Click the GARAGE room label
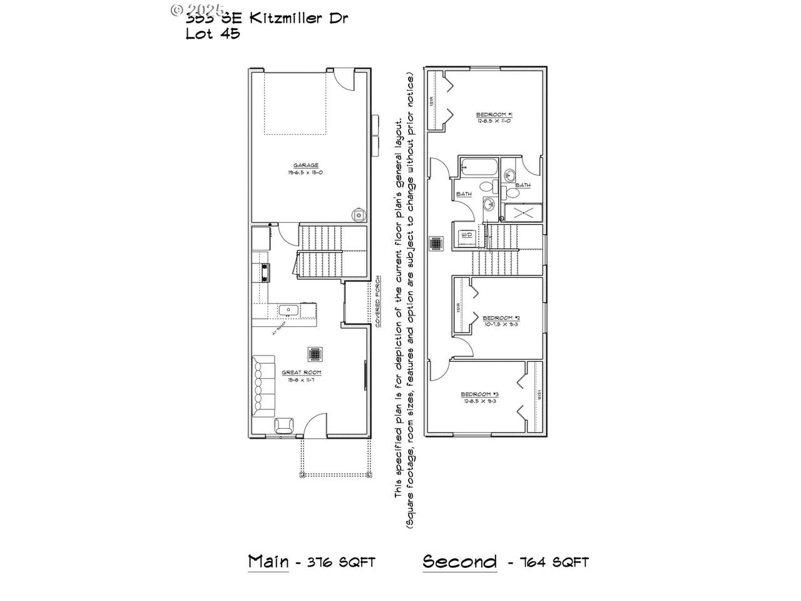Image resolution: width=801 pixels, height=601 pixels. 306,165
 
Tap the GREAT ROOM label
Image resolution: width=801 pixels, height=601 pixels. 306,372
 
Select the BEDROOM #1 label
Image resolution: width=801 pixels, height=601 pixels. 494,115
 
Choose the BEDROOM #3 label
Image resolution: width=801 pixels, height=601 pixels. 479,394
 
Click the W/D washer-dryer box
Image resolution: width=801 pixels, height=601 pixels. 467,235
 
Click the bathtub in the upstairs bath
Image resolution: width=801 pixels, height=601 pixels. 479,167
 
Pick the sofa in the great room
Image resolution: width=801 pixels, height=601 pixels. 263,386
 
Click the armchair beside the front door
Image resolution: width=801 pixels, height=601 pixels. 284,426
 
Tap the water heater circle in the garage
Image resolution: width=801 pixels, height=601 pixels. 359,215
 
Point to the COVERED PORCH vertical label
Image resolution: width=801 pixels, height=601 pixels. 377,302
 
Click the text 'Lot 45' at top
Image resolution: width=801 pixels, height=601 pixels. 213,34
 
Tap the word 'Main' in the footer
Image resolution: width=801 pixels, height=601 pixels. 268,561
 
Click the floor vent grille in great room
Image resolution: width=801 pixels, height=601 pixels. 314,354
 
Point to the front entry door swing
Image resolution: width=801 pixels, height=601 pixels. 315,426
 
